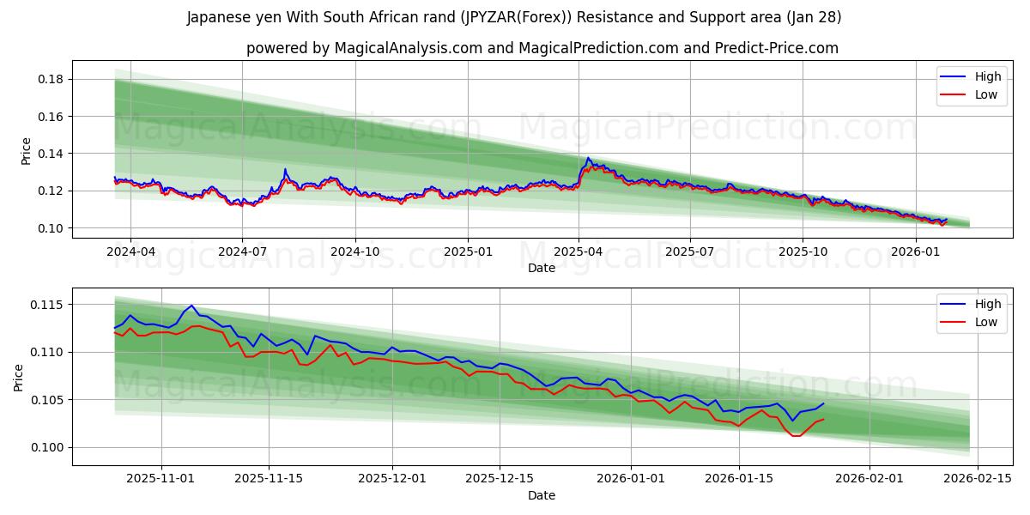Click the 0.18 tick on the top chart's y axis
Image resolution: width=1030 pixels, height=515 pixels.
(51, 79)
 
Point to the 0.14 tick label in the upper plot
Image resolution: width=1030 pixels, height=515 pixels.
(51, 154)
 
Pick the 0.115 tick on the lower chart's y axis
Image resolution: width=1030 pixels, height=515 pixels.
(48, 305)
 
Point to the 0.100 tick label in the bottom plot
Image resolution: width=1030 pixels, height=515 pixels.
(48, 447)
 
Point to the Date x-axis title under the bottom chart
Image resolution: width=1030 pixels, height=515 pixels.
(541, 495)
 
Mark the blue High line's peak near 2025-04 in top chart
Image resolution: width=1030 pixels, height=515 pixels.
(588, 158)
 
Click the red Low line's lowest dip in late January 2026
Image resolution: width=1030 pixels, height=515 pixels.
(796, 436)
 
